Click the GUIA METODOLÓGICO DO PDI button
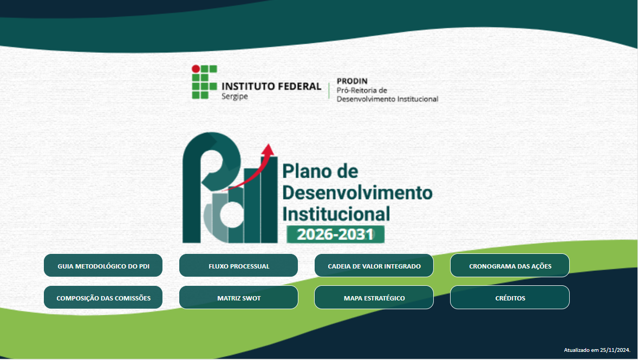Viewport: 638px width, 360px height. coord(103,266)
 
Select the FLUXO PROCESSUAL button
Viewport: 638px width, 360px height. coord(238,266)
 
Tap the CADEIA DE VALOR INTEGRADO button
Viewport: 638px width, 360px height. coord(374,266)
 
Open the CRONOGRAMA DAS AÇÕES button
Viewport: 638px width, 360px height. coord(510,266)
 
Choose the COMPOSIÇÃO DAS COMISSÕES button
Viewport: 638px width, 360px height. coord(103,298)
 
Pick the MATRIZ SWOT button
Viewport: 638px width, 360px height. coord(238,298)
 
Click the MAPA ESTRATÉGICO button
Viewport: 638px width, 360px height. coord(374,298)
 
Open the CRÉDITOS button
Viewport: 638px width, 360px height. coord(510,298)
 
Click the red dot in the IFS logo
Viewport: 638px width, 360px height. coord(196,69)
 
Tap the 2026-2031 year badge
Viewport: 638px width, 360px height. coord(335,234)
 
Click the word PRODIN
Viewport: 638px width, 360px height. coord(352,81)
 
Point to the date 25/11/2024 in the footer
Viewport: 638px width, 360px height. coord(615,350)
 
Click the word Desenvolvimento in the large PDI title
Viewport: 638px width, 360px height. coord(357,192)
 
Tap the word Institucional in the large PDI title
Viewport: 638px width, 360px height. coord(336,213)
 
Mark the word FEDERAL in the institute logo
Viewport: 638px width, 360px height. coord(300,86)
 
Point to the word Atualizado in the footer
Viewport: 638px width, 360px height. coord(576,350)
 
